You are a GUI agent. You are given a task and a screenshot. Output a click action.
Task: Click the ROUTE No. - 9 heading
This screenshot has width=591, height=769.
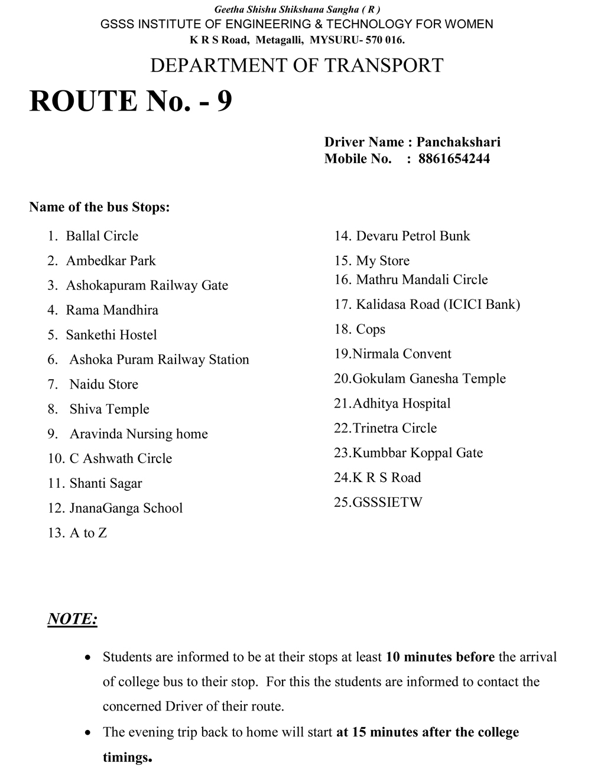[131, 101]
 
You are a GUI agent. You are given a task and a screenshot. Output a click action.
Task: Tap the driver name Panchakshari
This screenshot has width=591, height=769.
[458, 142]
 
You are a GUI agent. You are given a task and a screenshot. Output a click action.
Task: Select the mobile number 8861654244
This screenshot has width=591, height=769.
[453, 158]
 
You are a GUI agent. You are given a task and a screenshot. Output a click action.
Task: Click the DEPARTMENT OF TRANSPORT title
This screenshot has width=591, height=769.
[297, 65]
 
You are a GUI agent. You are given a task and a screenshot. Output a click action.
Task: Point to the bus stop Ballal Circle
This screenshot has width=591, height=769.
[102, 236]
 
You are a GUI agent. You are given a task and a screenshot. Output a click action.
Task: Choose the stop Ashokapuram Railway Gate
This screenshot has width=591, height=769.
[147, 285]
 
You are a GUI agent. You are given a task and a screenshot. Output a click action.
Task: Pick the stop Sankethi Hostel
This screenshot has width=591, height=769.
[111, 335]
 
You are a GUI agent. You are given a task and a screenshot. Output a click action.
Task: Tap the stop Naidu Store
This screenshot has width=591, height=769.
[103, 384]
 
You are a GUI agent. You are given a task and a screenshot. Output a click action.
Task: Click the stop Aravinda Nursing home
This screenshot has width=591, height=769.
[138, 434]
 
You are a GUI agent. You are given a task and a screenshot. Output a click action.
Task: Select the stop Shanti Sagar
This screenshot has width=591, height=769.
[105, 484]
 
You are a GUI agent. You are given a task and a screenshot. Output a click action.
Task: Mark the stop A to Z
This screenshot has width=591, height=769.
[88, 533]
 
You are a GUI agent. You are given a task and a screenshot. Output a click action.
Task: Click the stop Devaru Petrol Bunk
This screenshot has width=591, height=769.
[413, 236]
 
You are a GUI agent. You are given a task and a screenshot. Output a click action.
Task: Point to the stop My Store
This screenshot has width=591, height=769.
[382, 261]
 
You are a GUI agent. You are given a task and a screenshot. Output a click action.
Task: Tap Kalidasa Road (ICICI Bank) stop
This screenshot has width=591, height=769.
[437, 305]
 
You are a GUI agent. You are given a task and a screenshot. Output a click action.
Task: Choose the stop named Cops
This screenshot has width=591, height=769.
[371, 330]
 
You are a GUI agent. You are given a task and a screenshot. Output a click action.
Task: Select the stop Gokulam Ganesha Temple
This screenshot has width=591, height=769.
[428, 379]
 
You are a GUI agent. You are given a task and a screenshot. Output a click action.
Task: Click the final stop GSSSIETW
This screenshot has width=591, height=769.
[387, 503]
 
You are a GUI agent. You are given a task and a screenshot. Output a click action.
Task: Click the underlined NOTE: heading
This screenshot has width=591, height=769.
[72, 619]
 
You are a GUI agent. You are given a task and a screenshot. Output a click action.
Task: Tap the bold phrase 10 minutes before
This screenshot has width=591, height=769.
[440, 657]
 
